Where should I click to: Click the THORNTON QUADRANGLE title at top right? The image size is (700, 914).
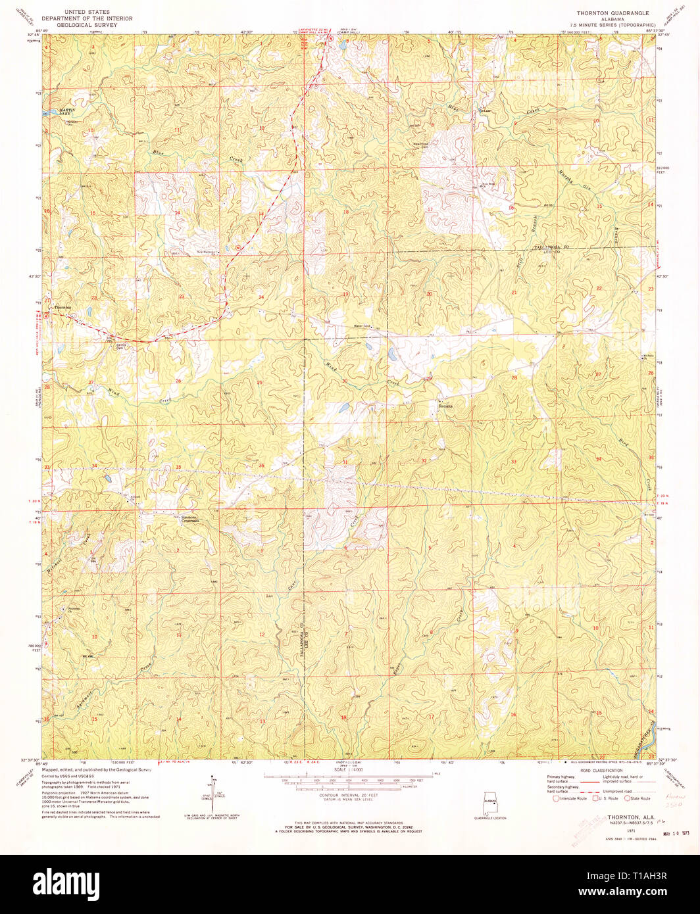612,12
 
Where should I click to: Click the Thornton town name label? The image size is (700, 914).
63,307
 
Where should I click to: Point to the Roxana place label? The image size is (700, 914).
445,406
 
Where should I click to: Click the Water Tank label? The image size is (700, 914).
362,326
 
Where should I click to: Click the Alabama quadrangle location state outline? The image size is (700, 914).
489,803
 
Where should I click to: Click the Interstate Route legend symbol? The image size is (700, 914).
557,798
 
